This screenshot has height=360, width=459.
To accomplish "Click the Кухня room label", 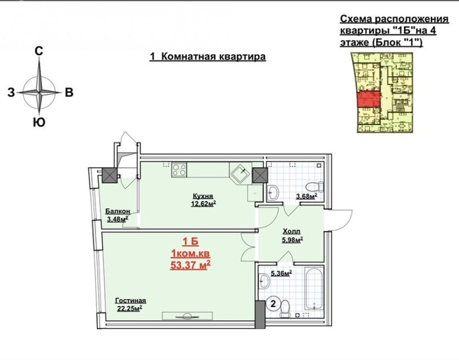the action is coord(203,196).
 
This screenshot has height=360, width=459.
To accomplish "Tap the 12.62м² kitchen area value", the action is coord(204,204).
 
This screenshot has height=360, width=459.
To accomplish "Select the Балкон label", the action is coord(118,211).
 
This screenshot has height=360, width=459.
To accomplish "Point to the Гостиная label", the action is coord(131,300).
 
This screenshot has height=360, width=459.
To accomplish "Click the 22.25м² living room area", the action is coord(130,308).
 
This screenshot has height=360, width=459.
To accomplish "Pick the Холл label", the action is coord(291,231).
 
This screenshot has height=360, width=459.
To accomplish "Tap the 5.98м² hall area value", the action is coord(292,240).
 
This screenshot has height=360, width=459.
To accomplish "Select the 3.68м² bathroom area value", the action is coord(307,196).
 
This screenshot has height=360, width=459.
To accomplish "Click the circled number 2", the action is coord(273,304).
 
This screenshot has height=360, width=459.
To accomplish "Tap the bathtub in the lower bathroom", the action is coord(314,288).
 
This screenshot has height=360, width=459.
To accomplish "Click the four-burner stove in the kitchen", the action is coord(179,170).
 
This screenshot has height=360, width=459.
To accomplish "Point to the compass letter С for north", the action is coord(39,51).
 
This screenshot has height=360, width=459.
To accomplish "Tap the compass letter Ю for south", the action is coord(39,122).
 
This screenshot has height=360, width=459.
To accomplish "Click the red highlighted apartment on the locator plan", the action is coord(369,99).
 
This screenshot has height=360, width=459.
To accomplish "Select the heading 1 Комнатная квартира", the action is coord(207,56).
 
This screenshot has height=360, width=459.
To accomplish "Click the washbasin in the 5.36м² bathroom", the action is coord(265,281).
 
